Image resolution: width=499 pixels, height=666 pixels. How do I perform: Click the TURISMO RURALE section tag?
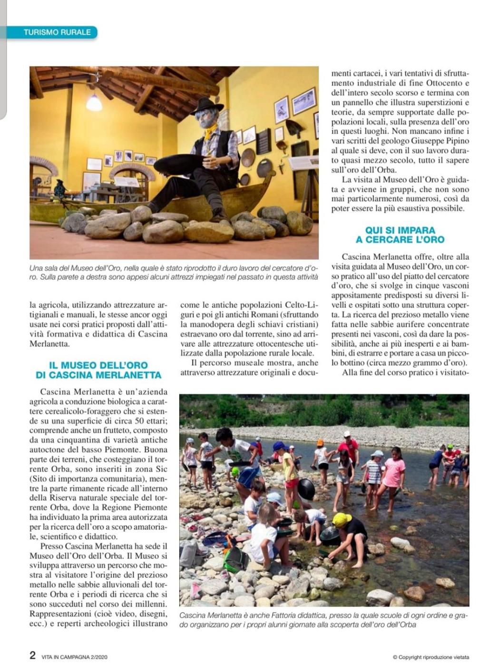(x=57, y=32)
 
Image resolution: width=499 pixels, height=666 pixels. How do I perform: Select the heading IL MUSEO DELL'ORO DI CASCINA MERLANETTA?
(x=98, y=370)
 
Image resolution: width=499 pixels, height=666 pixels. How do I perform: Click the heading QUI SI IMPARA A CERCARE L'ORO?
(x=400, y=235)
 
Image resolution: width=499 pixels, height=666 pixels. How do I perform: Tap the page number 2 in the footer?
(x=32, y=655)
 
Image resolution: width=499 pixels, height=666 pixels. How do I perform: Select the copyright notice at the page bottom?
(x=431, y=657)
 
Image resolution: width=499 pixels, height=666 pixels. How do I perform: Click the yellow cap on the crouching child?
(x=342, y=519)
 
